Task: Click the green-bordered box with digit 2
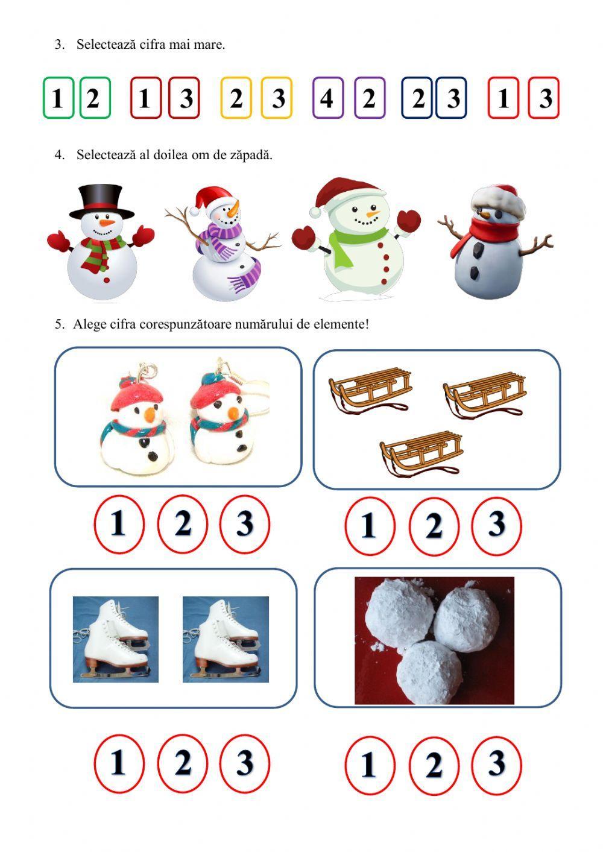pos(95,98)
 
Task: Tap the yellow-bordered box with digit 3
pos(277,98)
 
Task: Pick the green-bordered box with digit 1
pos(58,98)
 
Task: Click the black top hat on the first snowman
pos(101,202)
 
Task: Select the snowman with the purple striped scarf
pos(223,244)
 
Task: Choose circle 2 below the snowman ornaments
pos(183,524)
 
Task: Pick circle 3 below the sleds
pos(496,526)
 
